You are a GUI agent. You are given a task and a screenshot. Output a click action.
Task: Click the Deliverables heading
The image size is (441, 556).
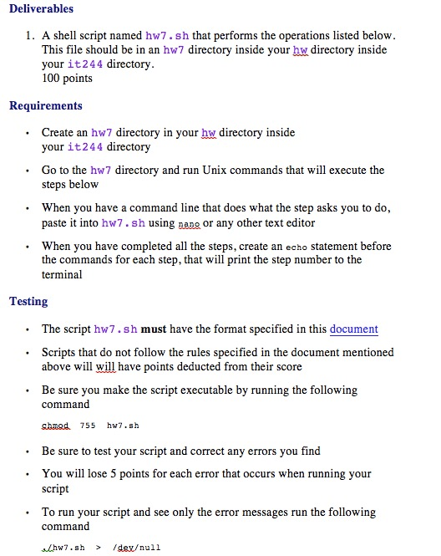[41, 8]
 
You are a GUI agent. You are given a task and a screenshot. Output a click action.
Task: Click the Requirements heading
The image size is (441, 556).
[45, 105]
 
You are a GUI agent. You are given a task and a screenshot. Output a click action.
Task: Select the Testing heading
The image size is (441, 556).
[28, 301]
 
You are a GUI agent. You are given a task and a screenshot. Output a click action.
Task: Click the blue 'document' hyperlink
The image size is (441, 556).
[353, 329]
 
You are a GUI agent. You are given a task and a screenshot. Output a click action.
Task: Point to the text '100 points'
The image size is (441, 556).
[67, 78]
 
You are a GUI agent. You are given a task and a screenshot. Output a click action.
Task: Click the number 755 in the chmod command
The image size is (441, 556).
[88, 425]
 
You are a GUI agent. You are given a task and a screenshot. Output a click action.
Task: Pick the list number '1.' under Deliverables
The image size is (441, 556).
[29, 36]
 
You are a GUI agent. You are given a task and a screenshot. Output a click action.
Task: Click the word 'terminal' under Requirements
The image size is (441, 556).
[63, 274]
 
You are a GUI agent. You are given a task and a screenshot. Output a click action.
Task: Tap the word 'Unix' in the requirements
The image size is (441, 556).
[241, 171]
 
